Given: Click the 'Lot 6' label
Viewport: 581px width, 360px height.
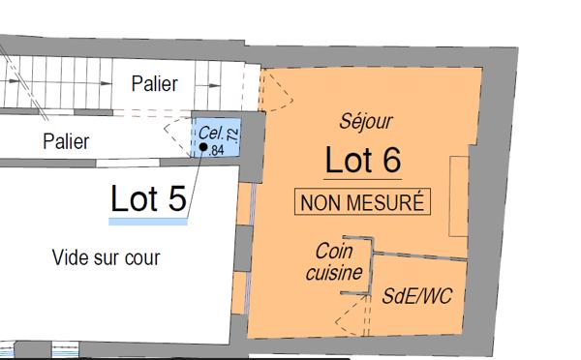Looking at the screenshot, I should coord(362,159).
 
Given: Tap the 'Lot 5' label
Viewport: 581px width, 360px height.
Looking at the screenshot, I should coord(148,198).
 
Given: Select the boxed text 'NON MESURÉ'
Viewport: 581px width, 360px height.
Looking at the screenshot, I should coord(362,203).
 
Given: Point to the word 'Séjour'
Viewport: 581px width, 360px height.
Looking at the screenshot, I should coord(366,121).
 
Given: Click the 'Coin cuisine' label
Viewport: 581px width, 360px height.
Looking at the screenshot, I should coord(338,261).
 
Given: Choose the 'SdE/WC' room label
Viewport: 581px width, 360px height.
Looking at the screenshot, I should coord(418,293).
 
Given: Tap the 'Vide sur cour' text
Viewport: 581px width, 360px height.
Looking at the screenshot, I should coord(106,257).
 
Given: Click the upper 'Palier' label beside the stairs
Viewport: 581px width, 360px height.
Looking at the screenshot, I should coord(154,84).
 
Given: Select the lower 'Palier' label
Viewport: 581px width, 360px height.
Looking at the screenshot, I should coord(66,141).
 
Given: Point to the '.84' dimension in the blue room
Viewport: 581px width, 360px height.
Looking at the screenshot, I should coord(216,150).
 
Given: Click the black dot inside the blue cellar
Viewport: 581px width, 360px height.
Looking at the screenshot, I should coord(203,147).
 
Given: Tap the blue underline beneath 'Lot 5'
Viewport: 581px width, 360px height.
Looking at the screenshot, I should coord(147,222).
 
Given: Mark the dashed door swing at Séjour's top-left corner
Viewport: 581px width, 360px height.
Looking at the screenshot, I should coord(276,90).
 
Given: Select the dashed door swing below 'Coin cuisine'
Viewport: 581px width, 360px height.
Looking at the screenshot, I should coord(353,312).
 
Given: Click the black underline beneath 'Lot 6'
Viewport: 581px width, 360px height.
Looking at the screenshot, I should coord(362,180).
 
